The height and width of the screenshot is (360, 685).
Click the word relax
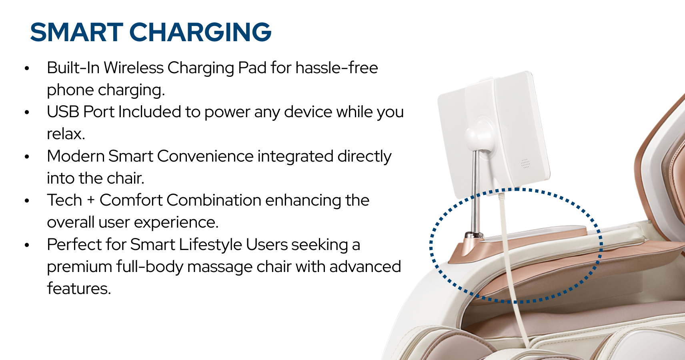[66, 134]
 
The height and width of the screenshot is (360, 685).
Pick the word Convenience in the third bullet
[205, 156]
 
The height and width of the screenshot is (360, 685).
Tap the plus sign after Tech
[91, 200]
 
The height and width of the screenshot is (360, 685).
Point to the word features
[78, 288]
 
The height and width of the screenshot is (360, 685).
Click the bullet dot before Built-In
[27, 68]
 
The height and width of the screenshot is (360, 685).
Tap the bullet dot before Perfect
[27, 245]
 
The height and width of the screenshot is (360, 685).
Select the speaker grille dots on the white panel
[525, 163]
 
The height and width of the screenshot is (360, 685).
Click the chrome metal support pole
[476, 192]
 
